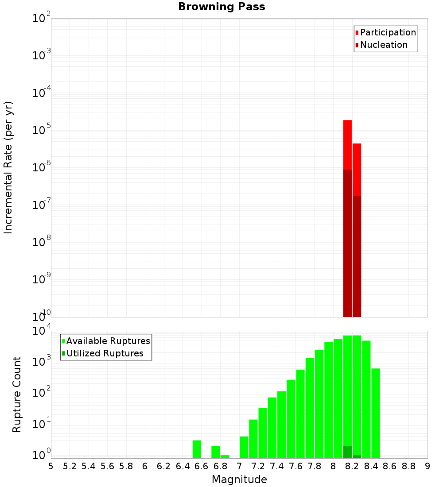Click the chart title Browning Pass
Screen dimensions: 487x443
[221, 7]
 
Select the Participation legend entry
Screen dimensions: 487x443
[388, 33]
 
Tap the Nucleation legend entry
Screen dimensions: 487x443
[384, 45]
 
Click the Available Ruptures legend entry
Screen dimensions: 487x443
[108, 341]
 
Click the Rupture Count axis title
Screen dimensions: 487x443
[17, 394]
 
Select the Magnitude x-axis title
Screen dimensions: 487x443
[239, 479]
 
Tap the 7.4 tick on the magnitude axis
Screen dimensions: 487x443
[277, 466]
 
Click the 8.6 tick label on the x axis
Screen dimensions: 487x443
[390, 466]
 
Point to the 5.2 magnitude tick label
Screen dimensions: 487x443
[70, 466]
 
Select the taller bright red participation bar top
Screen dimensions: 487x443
[347, 121]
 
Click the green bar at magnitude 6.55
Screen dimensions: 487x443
[197, 449]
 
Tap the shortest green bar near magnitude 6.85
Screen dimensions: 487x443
[225, 456]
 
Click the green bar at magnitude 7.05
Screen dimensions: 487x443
[244, 447]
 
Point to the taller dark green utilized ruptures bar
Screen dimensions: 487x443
[347, 452]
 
